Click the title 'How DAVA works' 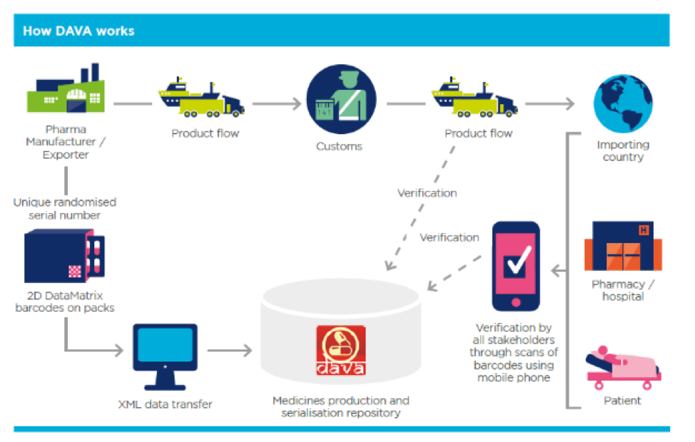point(78,31)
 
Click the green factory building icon point(66,88)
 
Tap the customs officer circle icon point(341,99)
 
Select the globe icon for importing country point(623,103)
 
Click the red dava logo point(341,350)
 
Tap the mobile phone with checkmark point(516,266)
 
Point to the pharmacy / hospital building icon point(623,246)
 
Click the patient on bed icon point(623,368)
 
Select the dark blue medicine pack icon point(65,256)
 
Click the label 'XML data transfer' point(166,404)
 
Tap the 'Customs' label point(339,146)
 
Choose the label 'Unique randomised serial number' point(65,209)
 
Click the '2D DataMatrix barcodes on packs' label point(65,302)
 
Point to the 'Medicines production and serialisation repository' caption point(341,406)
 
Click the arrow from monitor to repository point(230,350)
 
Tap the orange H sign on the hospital point(644,230)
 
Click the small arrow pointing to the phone point(559,270)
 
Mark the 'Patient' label point(622,401)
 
